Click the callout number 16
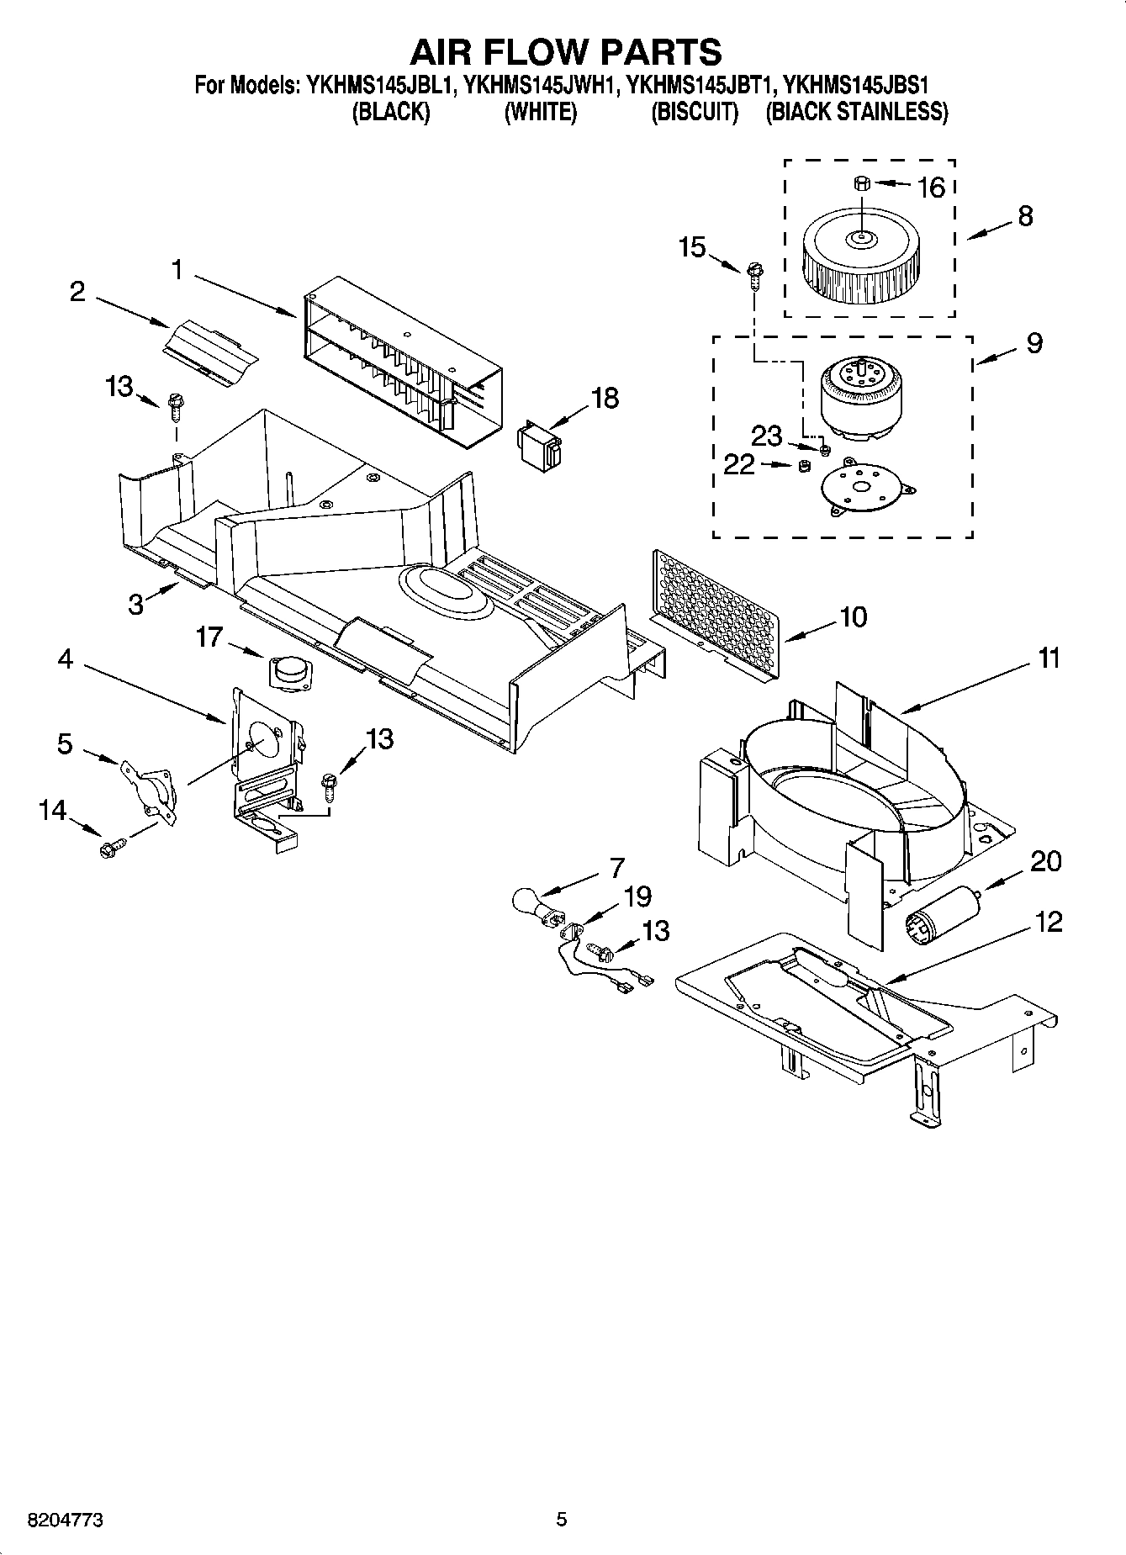coord(931,188)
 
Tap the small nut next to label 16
coord(860,182)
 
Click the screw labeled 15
coord(753,271)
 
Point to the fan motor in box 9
coord(858,399)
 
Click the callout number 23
coord(766,436)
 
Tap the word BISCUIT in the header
coord(695,112)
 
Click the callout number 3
coord(136,603)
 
